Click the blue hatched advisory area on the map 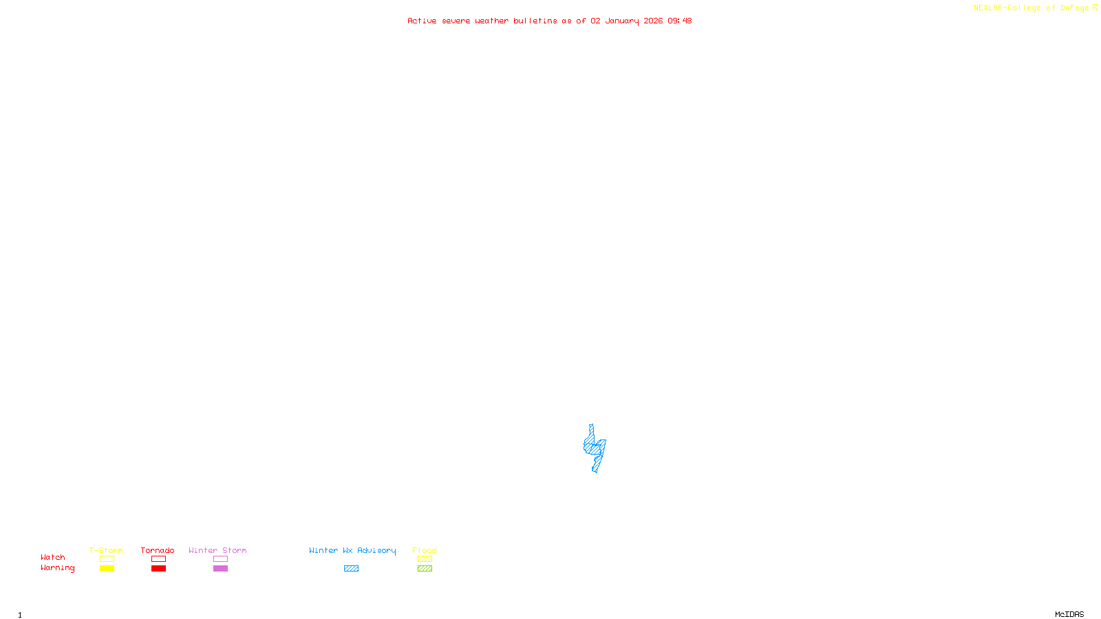(594, 448)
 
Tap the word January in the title (621, 21)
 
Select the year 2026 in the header (653, 21)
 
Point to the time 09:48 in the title (679, 21)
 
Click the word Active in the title (422, 21)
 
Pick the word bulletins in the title (535, 21)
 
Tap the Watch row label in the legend (52, 557)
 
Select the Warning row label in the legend (57, 568)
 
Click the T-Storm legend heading (106, 550)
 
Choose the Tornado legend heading (158, 550)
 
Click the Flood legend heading (425, 550)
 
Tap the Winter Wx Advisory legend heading (352, 550)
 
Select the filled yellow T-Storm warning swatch (107, 569)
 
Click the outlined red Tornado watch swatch (158, 559)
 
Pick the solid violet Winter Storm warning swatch (220, 569)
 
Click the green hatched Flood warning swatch (425, 569)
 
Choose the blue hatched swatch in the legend (351, 569)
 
